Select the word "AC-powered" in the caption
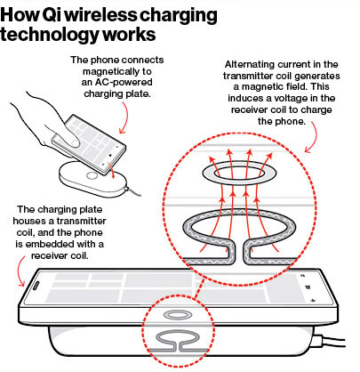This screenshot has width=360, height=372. click(x=117, y=82)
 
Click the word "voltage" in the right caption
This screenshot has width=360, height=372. click(x=291, y=98)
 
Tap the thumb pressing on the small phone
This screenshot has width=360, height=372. click(x=70, y=140)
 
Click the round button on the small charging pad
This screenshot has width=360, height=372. click(x=92, y=175)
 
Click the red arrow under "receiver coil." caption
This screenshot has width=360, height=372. click(x=20, y=271)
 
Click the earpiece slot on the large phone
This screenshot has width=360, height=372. click(x=36, y=287)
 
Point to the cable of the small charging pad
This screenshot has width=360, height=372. click(x=133, y=191)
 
